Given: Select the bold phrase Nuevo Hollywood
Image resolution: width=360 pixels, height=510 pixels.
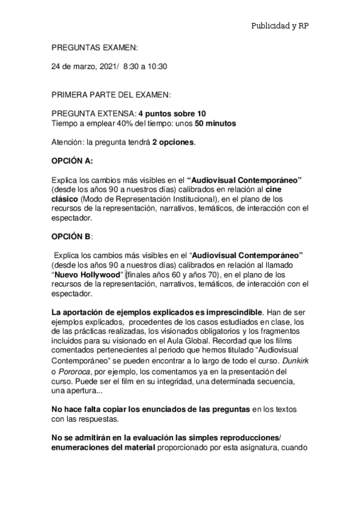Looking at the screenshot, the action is (x=88, y=275).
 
